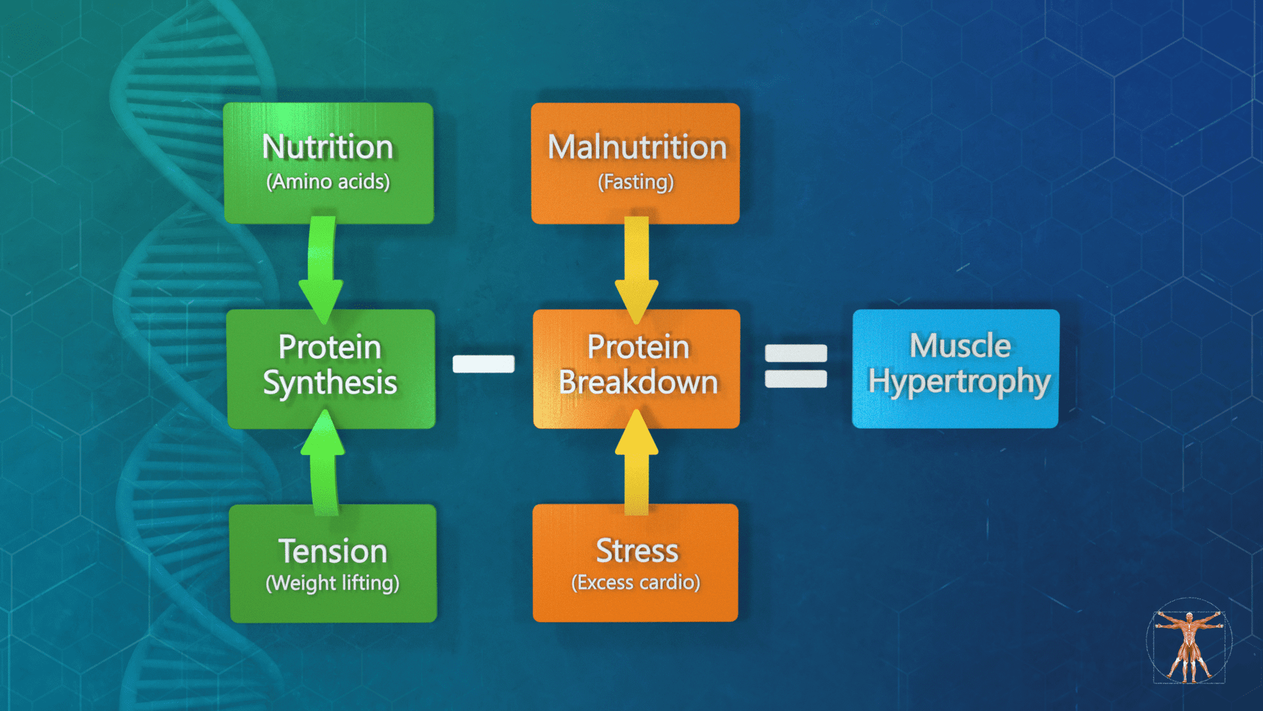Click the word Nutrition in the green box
pos(328,147)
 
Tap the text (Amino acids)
pos(328,182)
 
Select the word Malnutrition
pos(637,147)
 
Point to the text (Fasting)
pos(635,182)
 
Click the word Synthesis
pos(330,383)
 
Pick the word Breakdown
pos(637,382)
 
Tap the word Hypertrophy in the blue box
pos(958,382)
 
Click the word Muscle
pos(960,346)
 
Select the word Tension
pos(333,552)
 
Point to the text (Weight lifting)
pos(332,583)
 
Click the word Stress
pos(637,551)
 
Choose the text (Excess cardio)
pos(635,583)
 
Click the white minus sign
pos(483,364)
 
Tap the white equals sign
pos(796,366)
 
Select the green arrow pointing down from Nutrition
pos(321,270)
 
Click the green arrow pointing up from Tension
pos(323,461)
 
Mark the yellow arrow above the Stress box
pos(636,461)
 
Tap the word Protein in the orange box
pos(638,347)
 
